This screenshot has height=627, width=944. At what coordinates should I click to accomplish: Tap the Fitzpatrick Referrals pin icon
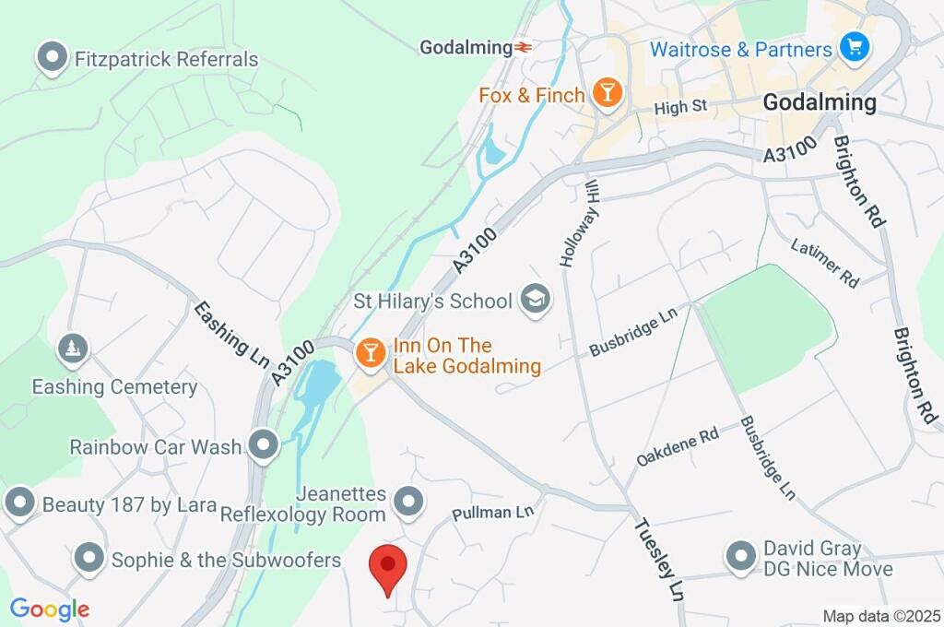tap(53, 59)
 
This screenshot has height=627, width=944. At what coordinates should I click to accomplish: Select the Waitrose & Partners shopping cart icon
tap(855, 47)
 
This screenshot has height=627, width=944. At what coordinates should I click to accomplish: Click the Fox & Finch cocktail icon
tap(607, 94)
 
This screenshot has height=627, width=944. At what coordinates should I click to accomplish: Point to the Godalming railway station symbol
tap(524, 47)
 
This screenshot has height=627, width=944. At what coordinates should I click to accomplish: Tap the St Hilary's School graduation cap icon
tap(534, 299)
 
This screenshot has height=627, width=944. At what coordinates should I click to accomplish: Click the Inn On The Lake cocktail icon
tap(371, 352)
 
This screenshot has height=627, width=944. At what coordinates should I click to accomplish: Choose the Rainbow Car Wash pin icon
tap(265, 446)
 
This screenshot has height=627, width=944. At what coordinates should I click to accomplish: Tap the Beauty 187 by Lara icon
tap(19, 504)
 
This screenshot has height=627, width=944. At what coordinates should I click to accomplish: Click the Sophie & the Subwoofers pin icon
tap(88, 559)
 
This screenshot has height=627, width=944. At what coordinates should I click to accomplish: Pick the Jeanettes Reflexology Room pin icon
tap(407, 503)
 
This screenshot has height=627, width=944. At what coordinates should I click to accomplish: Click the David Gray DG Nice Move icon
tap(740, 557)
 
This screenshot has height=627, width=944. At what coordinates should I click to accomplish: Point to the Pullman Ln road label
tap(493, 512)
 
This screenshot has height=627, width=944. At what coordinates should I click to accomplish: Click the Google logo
tap(49, 609)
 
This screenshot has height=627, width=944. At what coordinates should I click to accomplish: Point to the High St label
tap(679, 108)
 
